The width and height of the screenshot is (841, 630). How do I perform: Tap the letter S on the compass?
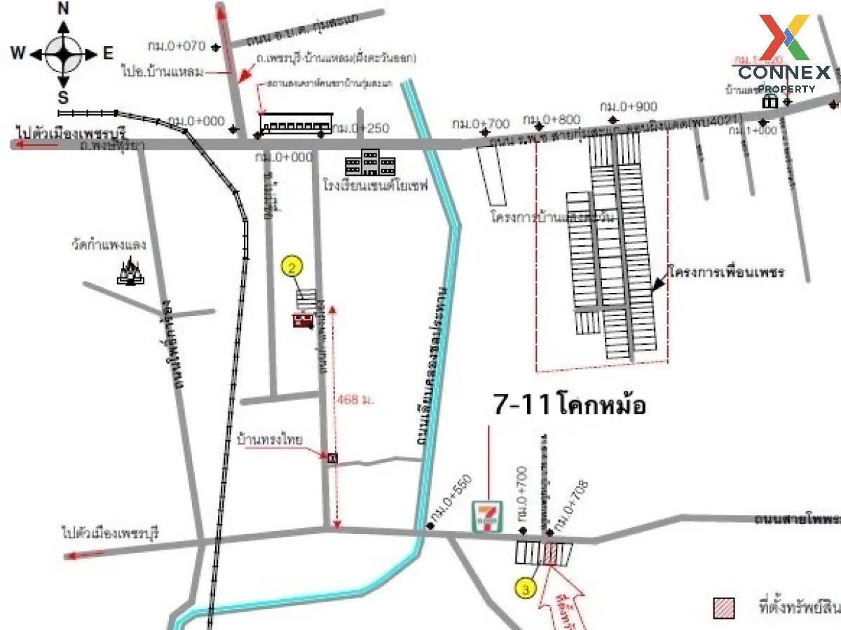(63, 97)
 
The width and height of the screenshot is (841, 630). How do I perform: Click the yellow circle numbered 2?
(293, 267)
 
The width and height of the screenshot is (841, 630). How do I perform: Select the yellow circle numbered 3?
(526, 589)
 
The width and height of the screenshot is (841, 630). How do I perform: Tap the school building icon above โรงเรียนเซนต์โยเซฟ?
(370, 163)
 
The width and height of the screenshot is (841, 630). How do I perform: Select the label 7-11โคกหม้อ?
(569, 405)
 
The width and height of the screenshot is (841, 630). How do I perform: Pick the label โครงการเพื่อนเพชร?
(725, 271)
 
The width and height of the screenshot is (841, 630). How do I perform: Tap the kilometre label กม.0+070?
(176, 46)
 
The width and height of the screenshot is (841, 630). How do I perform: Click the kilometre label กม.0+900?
(629, 106)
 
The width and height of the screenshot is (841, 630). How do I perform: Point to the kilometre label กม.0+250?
(360, 128)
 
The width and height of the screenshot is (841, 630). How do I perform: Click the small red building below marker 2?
(303, 320)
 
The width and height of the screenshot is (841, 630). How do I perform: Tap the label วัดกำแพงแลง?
(108, 245)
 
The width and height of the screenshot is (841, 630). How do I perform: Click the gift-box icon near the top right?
(770, 102)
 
